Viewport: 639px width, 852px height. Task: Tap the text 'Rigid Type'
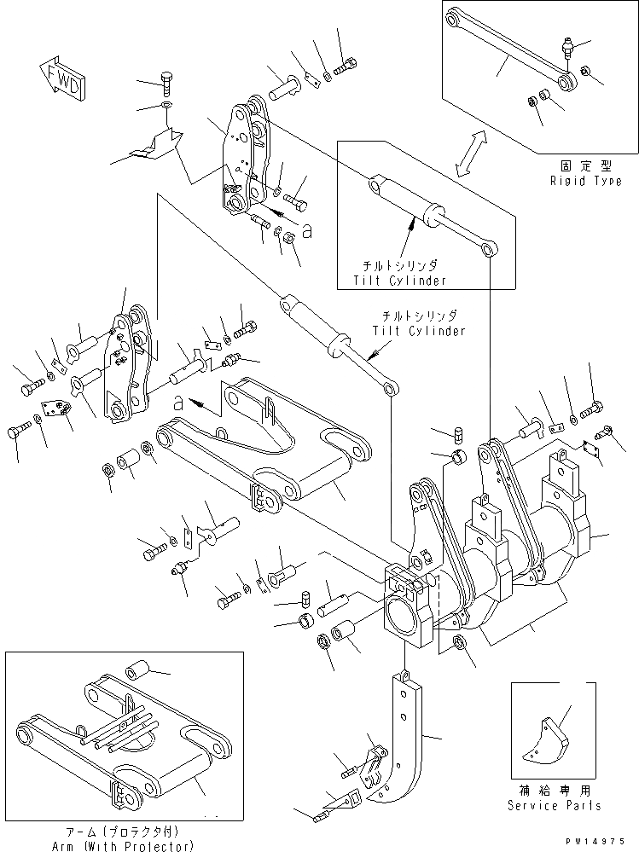[x=585, y=183]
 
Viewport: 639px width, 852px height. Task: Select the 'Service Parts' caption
[x=555, y=805]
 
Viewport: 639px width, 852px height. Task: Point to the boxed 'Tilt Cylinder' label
[x=401, y=281]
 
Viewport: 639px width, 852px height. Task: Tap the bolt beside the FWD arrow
[x=166, y=84]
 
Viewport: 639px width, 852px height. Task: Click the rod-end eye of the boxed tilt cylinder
[x=489, y=249]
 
